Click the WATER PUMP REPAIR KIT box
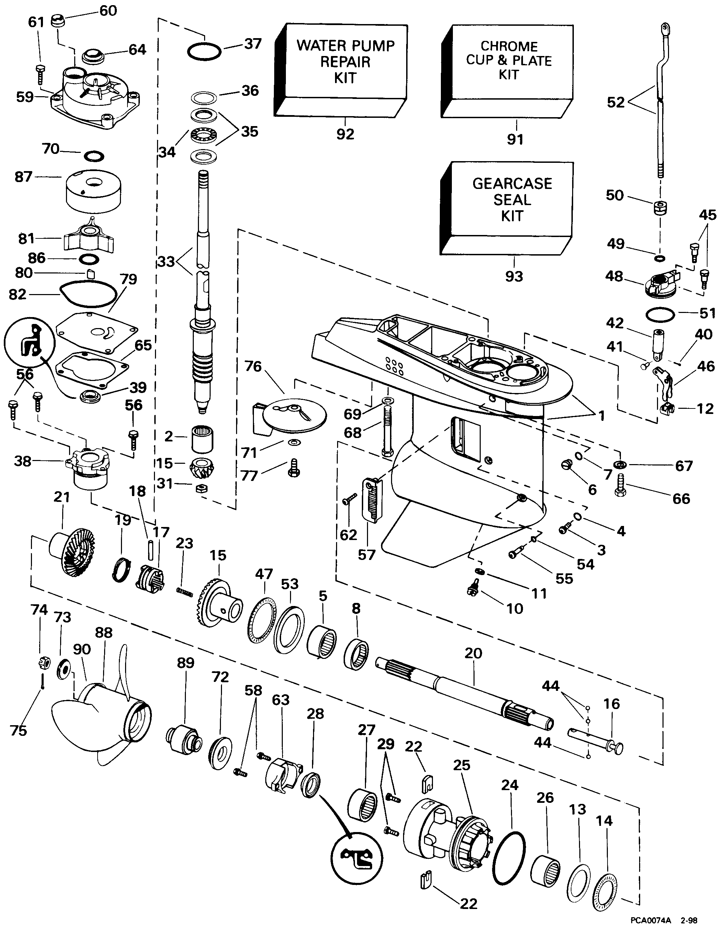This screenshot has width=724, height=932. pyautogui.click(x=345, y=62)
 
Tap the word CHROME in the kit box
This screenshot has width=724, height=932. pyautogui.click(x=509, y=46)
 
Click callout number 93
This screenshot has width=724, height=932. pyautogui.click(x=514, y=276)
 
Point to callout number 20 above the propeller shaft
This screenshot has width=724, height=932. pyautogui.click(x=473, y=653)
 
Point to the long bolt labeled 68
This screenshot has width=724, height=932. pyautogui.click(x=387, y=432)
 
